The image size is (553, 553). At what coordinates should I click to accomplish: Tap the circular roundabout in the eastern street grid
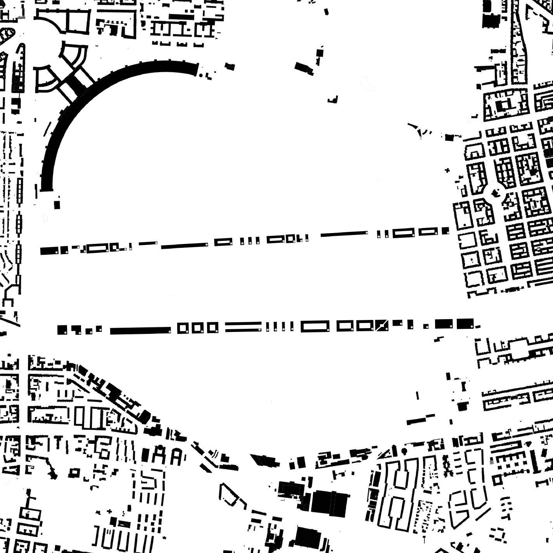click(x=495, y=192)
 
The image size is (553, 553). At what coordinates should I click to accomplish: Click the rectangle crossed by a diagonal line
click(x=382, y=325)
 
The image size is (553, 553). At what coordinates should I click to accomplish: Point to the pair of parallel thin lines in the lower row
click(x=243, y=327)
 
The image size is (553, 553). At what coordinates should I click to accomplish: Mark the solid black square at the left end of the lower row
click(x=62, y=330)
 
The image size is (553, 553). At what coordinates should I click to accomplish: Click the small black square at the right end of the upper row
click(x=445, y=231)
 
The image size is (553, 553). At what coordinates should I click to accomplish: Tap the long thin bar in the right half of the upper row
click(x=344, y=234)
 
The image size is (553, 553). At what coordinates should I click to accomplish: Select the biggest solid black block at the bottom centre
click(x=330, y=503)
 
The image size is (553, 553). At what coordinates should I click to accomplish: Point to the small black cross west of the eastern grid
click(x=448, y=170)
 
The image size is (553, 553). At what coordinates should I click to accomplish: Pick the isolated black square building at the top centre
click(x=320, y=53)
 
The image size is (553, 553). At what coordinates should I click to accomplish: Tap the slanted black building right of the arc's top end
click(x=304, y=68)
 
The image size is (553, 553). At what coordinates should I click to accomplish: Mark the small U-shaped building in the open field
click(x=333, y=100)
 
